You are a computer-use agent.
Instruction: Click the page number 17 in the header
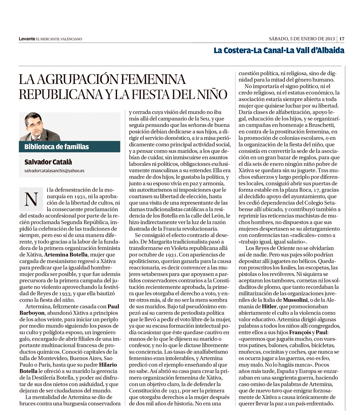pos(342,39)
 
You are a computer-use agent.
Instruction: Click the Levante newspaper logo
pos(27,39)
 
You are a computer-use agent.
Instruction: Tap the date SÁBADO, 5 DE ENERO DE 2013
pos(302,39)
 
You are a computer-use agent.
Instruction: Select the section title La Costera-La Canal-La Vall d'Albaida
pos(279,51)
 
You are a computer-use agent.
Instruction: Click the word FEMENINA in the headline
pos(153,79)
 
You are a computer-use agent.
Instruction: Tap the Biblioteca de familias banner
pos(69,147)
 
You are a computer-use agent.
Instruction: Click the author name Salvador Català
pos(48,162)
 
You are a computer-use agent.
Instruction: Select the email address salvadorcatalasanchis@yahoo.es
pos(54,171)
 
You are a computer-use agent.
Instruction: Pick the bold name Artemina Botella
pos(66,255)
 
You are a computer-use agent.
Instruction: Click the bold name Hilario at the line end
pos(108,365)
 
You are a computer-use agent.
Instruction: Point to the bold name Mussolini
pos(295,300)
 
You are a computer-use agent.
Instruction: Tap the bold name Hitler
pos(269,306)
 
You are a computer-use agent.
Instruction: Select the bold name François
pos(300,332)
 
